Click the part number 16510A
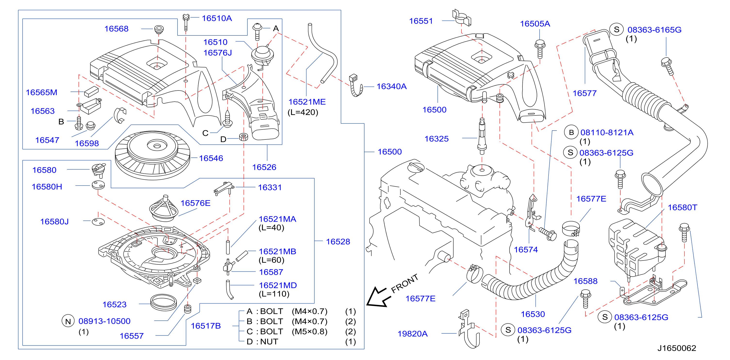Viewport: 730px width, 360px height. (217, 18)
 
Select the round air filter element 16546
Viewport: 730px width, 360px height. (153, 155)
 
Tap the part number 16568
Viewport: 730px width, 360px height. (116, 29)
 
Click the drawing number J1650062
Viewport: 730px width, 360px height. (677, 348)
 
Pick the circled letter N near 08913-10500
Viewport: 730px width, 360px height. (68, 321)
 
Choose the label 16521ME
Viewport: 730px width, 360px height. (307, 102)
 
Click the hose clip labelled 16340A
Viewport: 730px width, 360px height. (356, 86)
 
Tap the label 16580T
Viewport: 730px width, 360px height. (682, 207)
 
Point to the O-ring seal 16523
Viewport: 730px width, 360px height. (163, 302)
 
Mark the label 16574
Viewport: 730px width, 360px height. (526, 250)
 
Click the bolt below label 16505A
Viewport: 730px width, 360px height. (540, 49)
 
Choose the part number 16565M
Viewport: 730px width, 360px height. (42, 92)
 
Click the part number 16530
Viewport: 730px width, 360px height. (533, 314)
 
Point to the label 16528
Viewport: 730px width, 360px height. (338, 242)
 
